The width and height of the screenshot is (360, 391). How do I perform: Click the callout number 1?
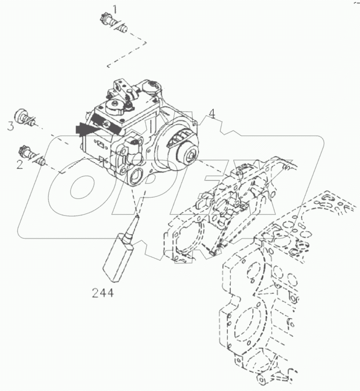[x=115, y=9]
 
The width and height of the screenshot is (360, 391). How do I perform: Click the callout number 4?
[x=211, y=114]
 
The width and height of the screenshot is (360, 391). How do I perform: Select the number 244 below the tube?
[x=102, y=293]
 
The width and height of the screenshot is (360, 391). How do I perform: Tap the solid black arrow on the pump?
[x=85, y=130]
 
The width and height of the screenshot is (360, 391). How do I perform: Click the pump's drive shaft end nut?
[x=191, y=157]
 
